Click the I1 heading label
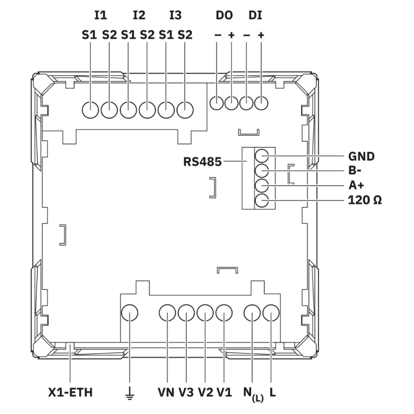[x=101, y=15]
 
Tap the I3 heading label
[x=175, y=15]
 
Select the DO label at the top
[x=224, y=15]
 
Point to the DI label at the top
[x=255, y=15]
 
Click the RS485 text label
[x=203, y=162]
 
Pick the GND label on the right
[x=361, y=156]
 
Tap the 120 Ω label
[x=365, y=200]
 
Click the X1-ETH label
[x=70, y=392]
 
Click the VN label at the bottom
[x=166, y=392]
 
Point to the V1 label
[x=224, y=392]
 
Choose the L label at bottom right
[x=273, y=392]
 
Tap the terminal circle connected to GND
[x=262, y=156]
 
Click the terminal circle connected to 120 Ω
[x=262, y=201]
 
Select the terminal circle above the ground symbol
[x=130, y=313]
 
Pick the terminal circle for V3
[x=186, y=313]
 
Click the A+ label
[x=356, y=185]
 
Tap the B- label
[x=355, y=171]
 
